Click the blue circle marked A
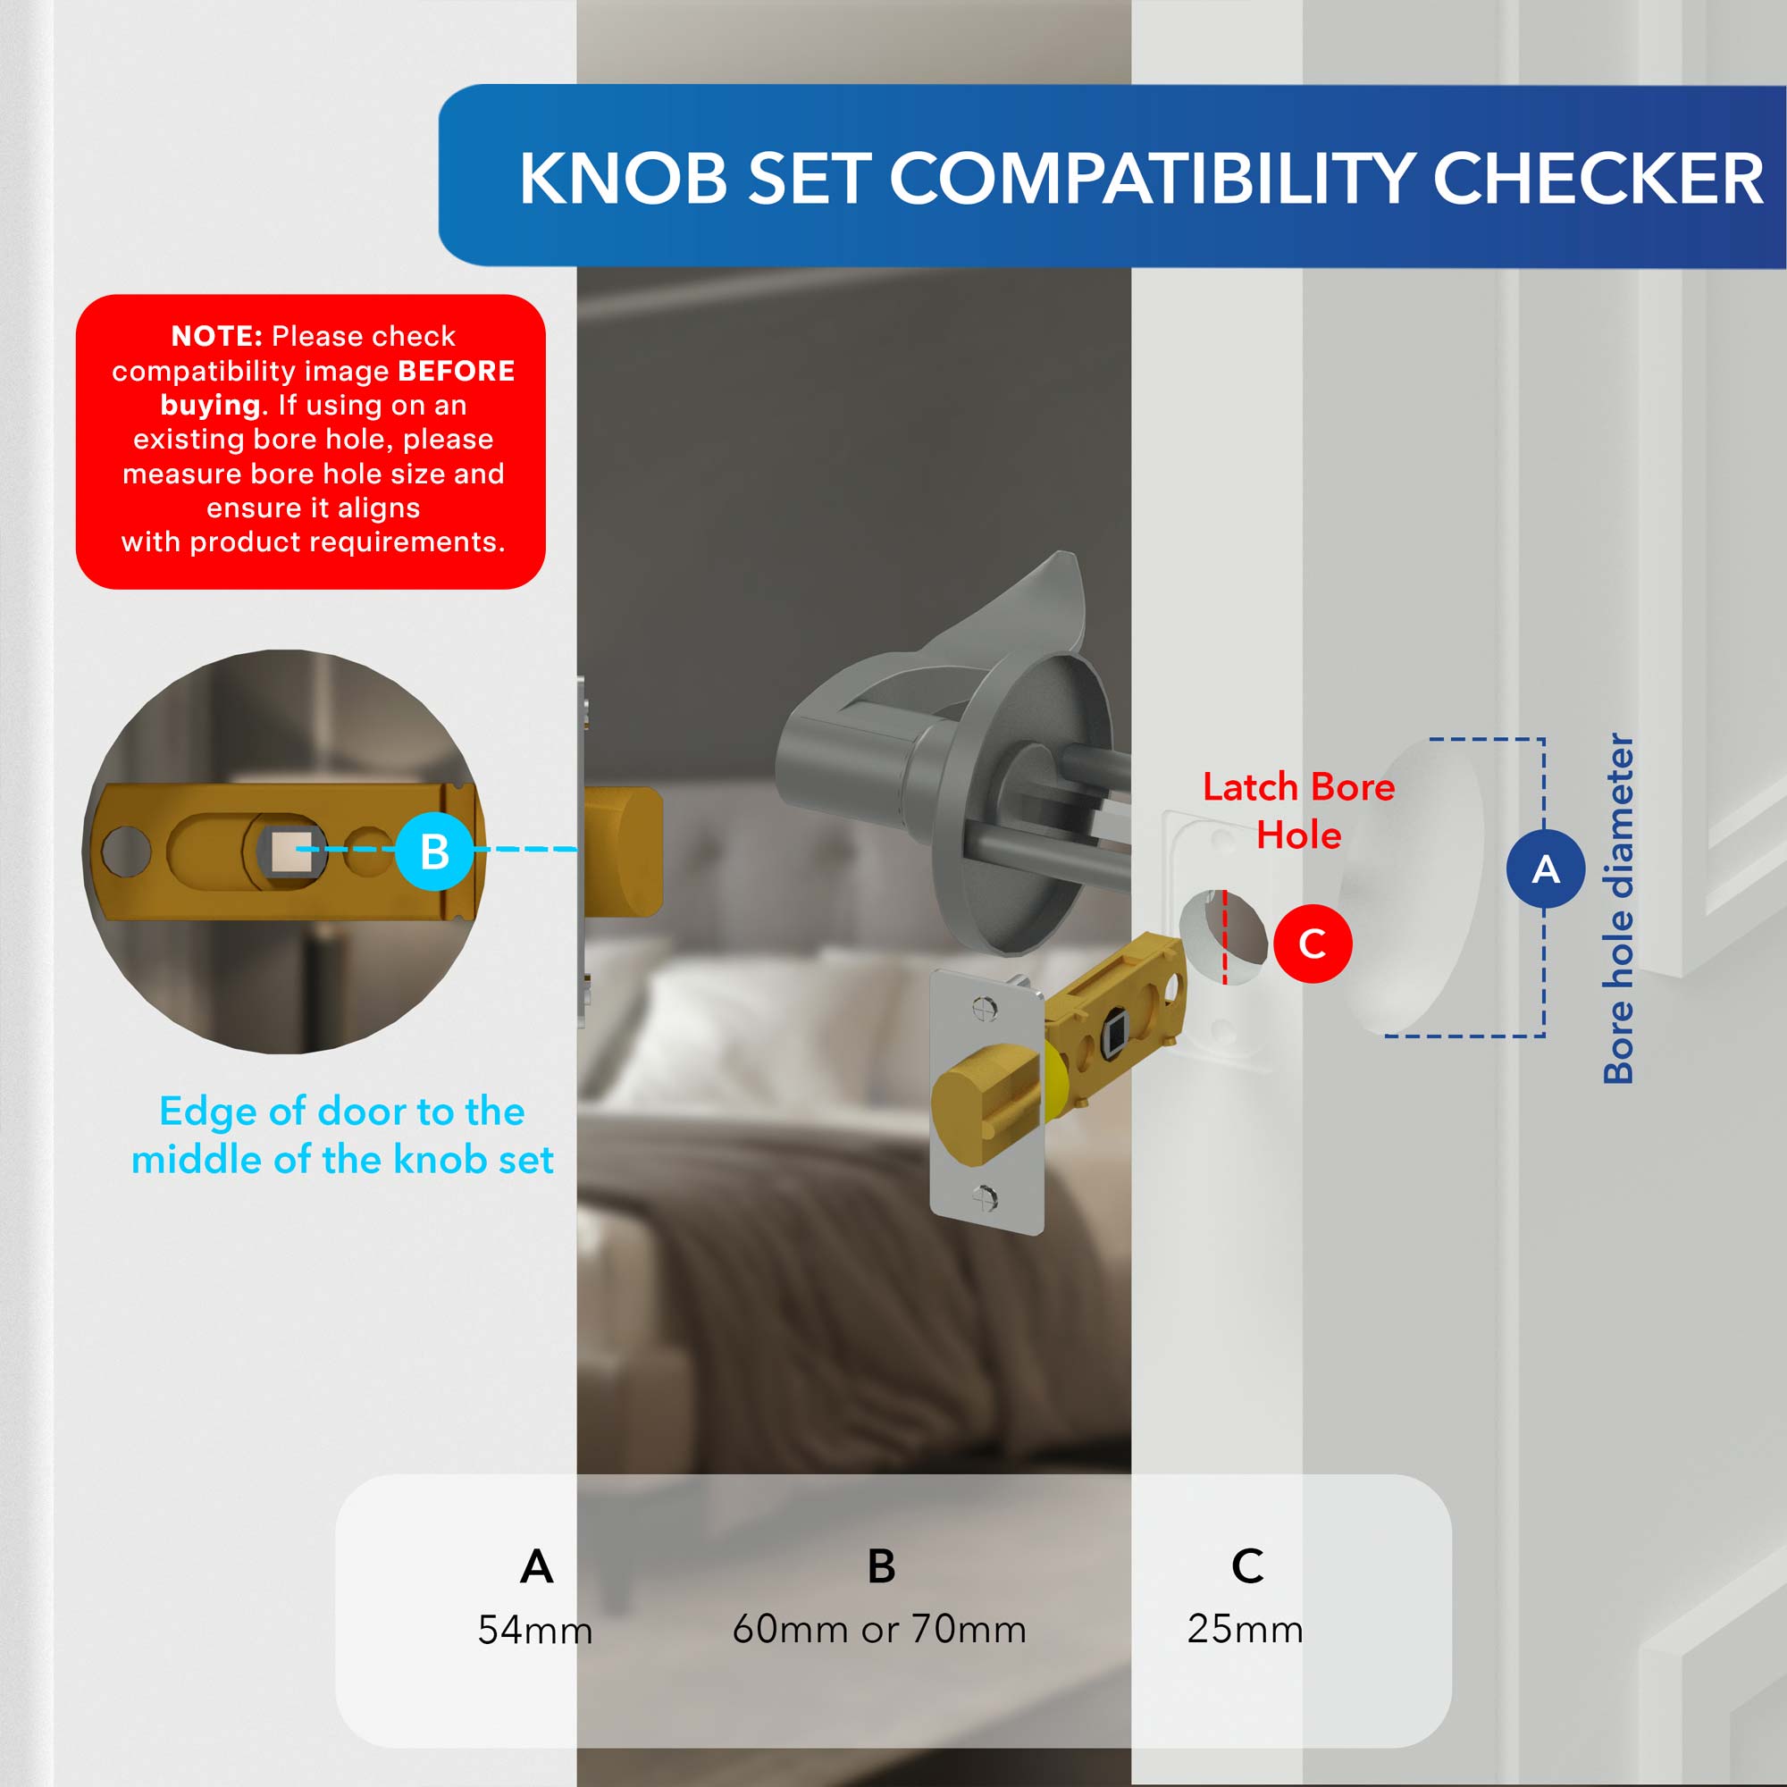click(x=1546, y=868)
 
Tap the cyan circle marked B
click(x=435, y=851)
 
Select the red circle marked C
click(x=1313, y=944)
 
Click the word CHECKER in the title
click(x=1598, y=178)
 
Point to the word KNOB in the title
click(x=624, y=178)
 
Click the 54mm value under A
click(x=534, y=1630)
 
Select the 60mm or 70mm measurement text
click(x=878, y=1629)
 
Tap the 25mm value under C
click(x=1245, y=1629)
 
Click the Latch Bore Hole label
click(x=1298, y=811)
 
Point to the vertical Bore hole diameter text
click(x=1619, y=908)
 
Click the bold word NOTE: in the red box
click(x=217, y=336)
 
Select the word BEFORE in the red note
click(x=456, y=371)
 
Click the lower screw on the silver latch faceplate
click(x=984, y=1199)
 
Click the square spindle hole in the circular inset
click(x=293, y=850)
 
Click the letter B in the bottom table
click(x=881, y=1566)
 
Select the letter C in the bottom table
click(x=1246, y=1566)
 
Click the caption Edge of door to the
click(x=342, y=1111)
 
